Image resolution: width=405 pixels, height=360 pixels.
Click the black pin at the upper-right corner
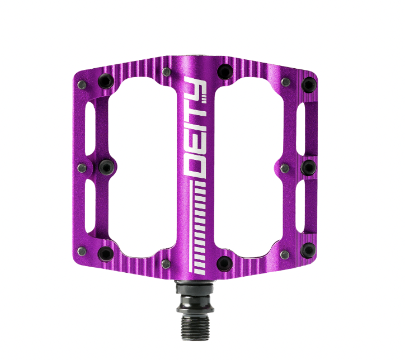click(308, 85)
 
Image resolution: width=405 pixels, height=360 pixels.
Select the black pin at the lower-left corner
click(105, 254)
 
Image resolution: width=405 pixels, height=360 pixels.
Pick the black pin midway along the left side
click(106, 167)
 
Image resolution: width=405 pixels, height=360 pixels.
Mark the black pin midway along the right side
click(308, 167)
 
